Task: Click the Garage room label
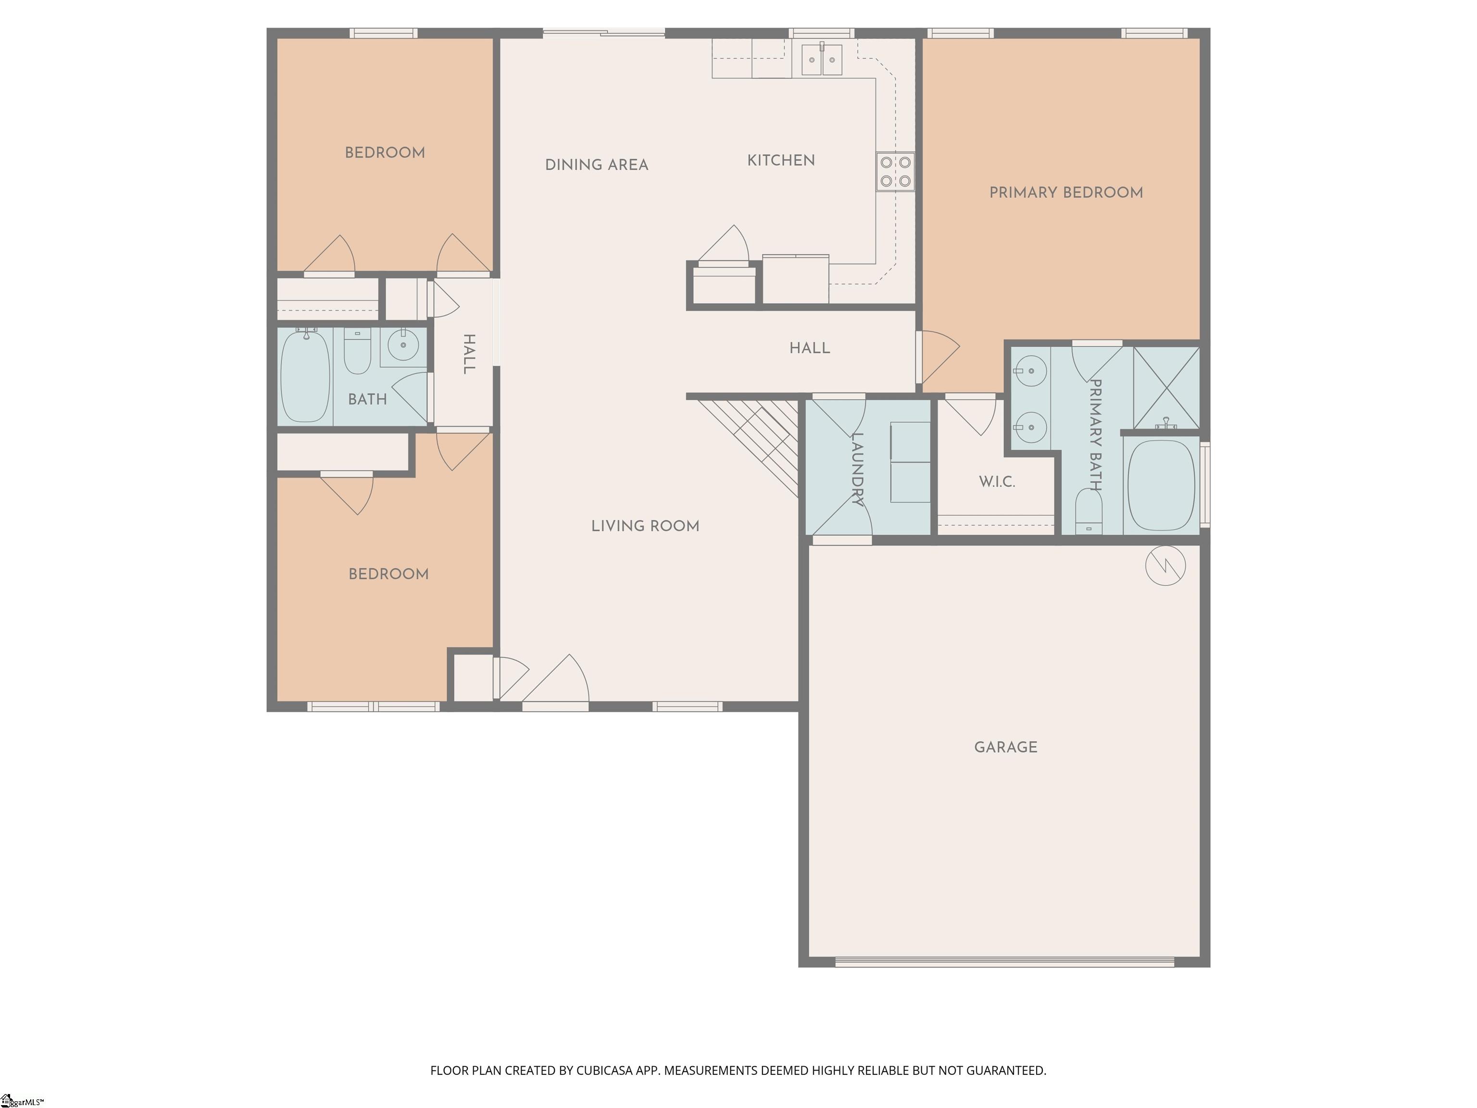1006,747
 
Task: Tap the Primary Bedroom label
1066,193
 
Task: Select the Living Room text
645,526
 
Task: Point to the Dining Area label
596,165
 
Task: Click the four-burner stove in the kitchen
895,172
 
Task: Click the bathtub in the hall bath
304,377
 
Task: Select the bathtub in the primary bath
1161,486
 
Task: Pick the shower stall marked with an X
1166,387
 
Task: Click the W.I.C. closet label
997,481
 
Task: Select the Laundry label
858,469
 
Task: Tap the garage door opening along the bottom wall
1005,962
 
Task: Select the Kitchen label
780,160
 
